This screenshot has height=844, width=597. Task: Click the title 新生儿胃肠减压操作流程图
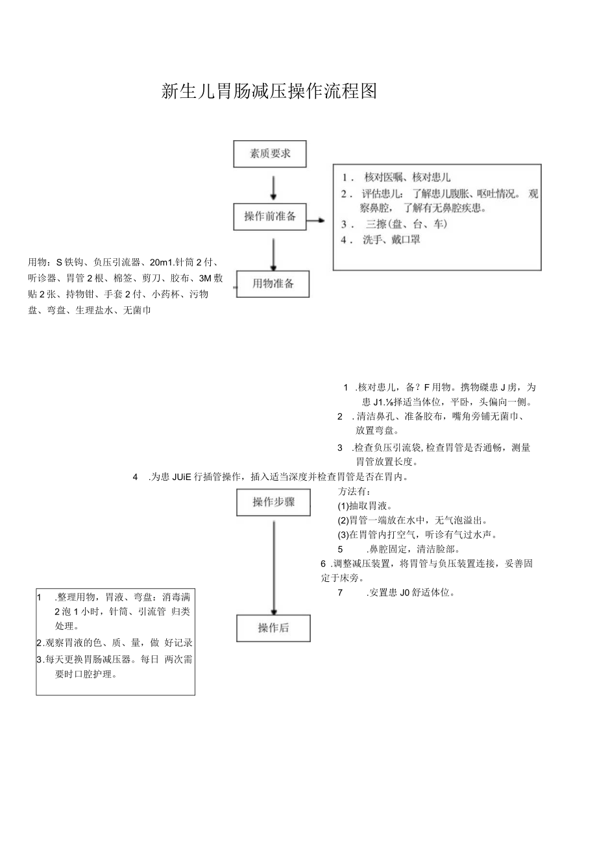point(269,91)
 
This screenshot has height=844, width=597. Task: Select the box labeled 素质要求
point(270,154)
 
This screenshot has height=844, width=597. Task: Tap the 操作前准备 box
point(270,217)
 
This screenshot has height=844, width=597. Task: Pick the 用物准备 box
point(273,283)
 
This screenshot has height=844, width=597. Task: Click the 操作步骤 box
point(273,501)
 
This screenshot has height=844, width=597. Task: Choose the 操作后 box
point(273,627)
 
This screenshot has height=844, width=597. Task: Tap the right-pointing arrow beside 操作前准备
point(316,221)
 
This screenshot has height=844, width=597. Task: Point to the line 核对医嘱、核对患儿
point(408,177)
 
